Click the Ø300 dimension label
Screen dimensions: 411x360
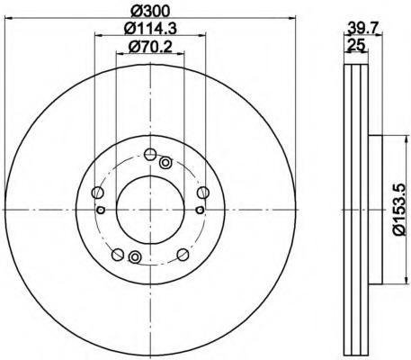pyautogui.click(x=150, y=12)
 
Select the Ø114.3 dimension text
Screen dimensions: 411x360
pyautogui.click(x=150, y=29)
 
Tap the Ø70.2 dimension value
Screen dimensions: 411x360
pyautogui.click(x=150, y=47)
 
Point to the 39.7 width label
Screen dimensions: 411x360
pyautogui.click(x=363, y=29)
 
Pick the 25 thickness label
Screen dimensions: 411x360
pyautogui.click(x=356, y=45)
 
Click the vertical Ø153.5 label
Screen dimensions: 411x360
pyautogui.click(x=400, y=210)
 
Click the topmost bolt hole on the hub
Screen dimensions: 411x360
pyautogui.click(x=150, y=155)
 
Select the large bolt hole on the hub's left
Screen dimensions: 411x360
pyautogui.click(x=98, y=192)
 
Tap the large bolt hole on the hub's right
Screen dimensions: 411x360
pyautogui.click(x=203, y=192)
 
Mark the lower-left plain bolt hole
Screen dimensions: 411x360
pyautogui.click(x=118, y=255)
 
